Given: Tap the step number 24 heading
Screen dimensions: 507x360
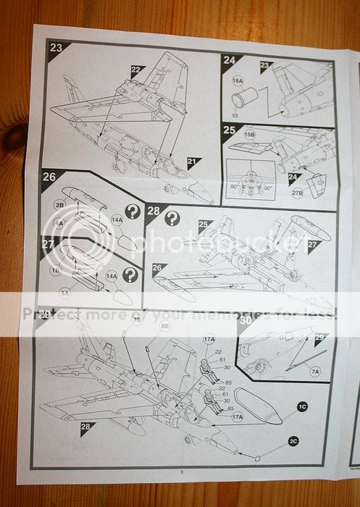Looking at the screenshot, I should pos(230,61).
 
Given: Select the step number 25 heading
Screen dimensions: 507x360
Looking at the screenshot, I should pos(229,130).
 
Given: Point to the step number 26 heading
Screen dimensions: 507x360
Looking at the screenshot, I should pos(49,176).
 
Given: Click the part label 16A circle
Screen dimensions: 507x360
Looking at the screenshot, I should pos(238,81).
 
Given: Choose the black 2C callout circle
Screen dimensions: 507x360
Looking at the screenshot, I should pos(293,441).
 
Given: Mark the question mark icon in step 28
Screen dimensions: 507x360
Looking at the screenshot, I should pos(172,218).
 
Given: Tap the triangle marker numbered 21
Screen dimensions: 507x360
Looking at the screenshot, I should pos(193,163).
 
